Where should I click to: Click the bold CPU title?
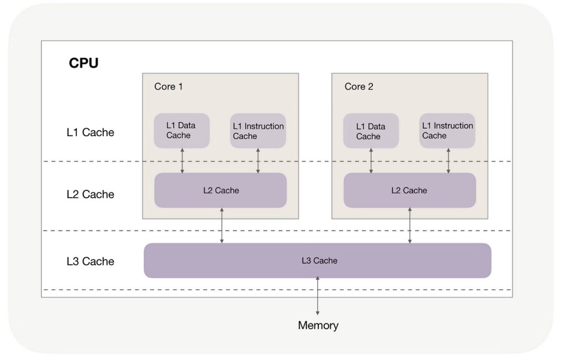coord(84,63)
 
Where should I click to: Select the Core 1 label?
coord(168,87)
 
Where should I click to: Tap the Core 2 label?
coord(358,87)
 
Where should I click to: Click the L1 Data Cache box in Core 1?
coord(181,131)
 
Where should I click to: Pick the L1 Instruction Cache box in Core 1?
coord(258,131)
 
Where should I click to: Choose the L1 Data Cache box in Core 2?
coord(371,131)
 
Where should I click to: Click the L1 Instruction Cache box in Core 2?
coord(447,131)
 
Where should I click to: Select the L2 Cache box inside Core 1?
coord(220,190)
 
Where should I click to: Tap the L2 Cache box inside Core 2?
coord(410,190)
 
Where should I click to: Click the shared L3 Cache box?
coord(318,261)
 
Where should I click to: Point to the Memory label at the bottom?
coord(318,325)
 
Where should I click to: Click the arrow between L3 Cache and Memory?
coord(318,297)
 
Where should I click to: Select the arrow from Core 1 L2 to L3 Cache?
coord(222,225)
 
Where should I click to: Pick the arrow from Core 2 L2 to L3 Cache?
coord(410,225)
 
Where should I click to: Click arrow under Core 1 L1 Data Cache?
coord(183,160)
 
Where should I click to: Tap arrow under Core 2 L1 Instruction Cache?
coord(448,160)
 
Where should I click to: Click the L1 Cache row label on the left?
coord(90,132)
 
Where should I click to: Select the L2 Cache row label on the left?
coord(90,195)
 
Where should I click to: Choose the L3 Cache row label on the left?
coord(90,262)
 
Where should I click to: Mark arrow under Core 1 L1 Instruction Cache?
coord(258,160)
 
